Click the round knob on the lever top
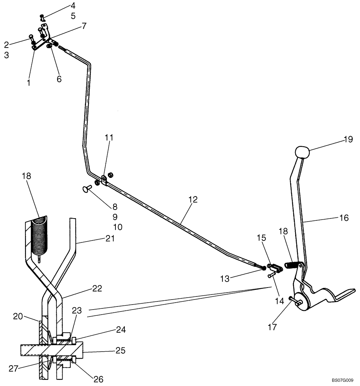[x=303, y=152]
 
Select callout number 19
[x=348, y=139]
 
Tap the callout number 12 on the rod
[x=193, y=200]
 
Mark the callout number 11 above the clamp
[x=109, y=137]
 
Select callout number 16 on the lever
[x=344, y=218]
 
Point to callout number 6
[x=59, y=79]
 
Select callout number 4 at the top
[x=73, y=6]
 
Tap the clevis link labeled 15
[x=275, y=267]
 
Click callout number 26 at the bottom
[x=98, y=379]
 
